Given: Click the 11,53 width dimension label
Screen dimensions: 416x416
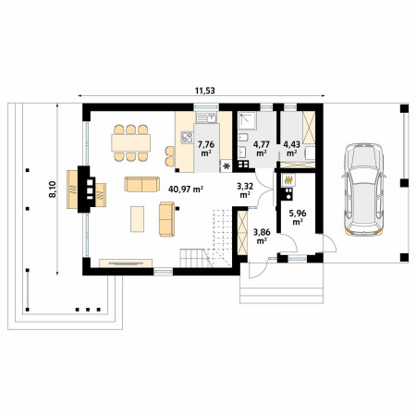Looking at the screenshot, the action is (205, 91).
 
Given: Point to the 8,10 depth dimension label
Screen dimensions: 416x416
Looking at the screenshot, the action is (53, 190).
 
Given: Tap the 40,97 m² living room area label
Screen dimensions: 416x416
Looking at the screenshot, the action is (186, 189).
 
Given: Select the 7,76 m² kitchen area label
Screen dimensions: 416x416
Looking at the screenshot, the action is (206, 148).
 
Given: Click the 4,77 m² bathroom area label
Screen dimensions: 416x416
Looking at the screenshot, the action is (262, 148).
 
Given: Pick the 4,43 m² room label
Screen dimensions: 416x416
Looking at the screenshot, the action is (292, 148).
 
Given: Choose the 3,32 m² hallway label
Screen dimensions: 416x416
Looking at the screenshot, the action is (245, 190).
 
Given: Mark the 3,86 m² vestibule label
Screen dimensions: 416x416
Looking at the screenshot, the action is (262, 236).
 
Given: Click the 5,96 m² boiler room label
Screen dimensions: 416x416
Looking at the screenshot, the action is (298, 217).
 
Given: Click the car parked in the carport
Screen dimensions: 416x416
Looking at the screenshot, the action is (363, 190).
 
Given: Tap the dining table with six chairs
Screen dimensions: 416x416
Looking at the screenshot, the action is (131, 143).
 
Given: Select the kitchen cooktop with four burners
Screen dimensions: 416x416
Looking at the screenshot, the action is (187, 138).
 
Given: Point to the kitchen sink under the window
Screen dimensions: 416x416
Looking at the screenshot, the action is (207, 117).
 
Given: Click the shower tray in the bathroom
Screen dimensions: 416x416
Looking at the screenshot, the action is (247, 121).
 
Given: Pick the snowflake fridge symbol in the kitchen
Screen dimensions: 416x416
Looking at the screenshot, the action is (226, 166).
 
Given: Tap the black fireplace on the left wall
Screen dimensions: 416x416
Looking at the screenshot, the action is (87, 190).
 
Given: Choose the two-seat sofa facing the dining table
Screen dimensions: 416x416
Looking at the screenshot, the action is (142, 184).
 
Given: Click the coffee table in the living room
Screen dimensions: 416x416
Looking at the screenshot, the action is (137, 219).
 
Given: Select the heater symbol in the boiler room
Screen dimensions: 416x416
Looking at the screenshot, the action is (288, 179).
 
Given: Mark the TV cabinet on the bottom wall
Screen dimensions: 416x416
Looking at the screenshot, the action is (126, 263).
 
